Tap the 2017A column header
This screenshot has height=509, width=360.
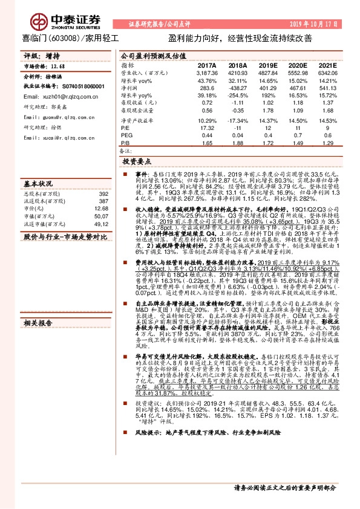coord(207,65)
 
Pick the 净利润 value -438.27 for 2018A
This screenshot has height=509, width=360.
coord(238,88)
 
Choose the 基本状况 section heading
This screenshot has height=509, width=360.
coord(38,182)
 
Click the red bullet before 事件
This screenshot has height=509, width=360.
coord(121,173)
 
